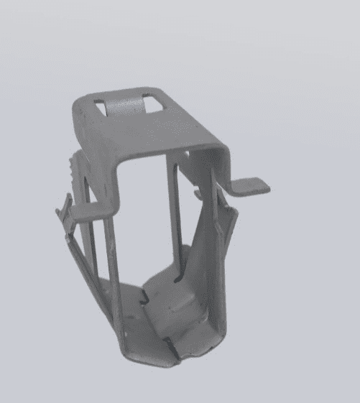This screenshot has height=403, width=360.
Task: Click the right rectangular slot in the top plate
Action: pyautogui.click(x=152, y=103)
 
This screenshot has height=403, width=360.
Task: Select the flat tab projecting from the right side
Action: pyautogui.click(x=251, y=185)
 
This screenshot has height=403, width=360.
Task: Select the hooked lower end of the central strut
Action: pyautogui.click(x=180, y=266)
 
